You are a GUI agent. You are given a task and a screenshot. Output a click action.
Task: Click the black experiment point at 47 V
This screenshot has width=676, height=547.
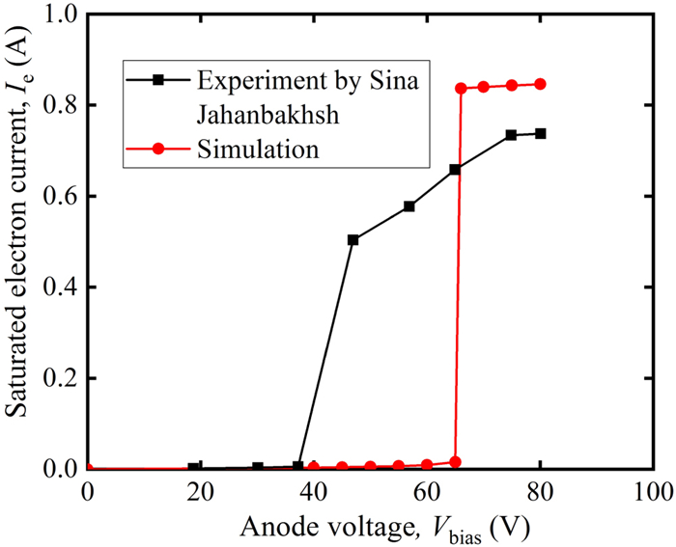point(353,239)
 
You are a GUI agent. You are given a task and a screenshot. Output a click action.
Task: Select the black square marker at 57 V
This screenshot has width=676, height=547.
point(409,206)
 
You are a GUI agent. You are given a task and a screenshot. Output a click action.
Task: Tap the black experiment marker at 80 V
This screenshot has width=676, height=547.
point(540,133)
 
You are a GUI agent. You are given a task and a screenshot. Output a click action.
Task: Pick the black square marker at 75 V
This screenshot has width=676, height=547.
point(512,135)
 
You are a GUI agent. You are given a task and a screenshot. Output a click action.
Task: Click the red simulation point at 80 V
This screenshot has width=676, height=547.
point(540,84)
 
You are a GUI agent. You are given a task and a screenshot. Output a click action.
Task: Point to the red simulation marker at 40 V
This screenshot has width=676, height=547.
point(314,467)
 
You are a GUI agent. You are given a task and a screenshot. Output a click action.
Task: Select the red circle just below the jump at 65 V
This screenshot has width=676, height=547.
point(455,462)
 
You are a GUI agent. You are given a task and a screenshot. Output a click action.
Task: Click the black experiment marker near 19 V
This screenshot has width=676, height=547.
point(195,468)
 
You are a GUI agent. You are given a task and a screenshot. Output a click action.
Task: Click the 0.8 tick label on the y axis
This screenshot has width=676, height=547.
point(60,105)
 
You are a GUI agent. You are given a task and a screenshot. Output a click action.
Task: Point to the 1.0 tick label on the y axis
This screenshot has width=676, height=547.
point(60,14)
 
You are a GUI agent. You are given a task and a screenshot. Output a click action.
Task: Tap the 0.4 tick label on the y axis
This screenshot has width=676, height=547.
point(60,287)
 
